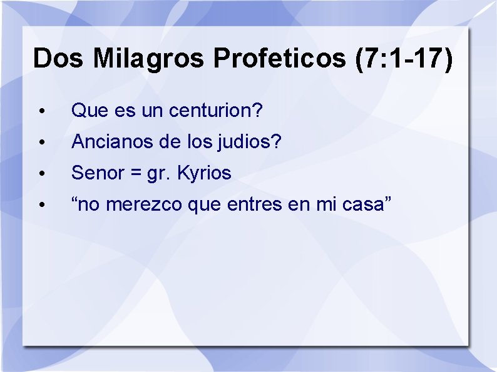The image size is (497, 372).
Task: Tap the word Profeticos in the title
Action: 279,58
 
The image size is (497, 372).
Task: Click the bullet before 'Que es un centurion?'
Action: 40,112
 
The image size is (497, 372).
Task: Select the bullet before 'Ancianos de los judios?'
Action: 40,143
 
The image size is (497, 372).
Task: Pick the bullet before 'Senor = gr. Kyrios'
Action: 40,173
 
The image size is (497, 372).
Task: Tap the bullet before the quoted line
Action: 40,204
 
